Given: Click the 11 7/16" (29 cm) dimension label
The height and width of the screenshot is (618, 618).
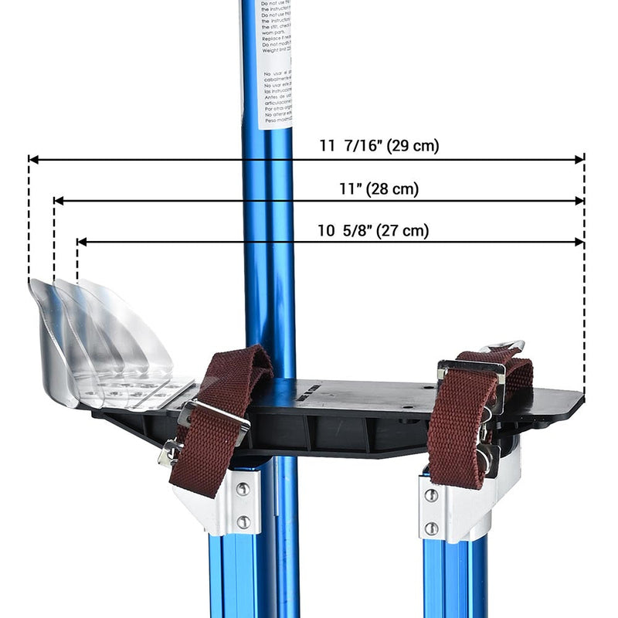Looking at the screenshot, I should point(379,145).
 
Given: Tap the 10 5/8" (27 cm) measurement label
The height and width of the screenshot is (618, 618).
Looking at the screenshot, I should point(373,229).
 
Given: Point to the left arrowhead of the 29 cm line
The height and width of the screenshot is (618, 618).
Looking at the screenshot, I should point(33,160).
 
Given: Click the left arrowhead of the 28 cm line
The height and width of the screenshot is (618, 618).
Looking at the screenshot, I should point(58,201).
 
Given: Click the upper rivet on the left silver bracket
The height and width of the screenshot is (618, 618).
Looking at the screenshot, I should point(243,489).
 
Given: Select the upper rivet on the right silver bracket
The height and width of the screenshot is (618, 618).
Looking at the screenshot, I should point(431,495).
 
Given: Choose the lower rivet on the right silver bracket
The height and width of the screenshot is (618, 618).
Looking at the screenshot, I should point(432,528).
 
